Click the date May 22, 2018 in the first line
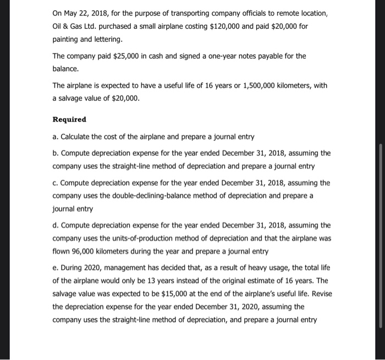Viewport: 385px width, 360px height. pos(86,13)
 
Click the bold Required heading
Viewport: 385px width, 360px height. pos(69,119)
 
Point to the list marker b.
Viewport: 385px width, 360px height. pos(55,154)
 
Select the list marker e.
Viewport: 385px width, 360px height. pos(55,267)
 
